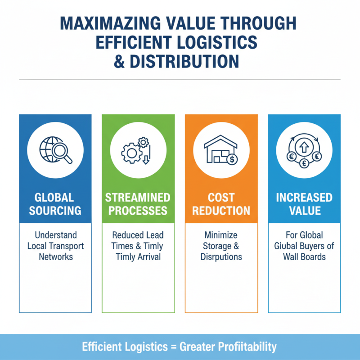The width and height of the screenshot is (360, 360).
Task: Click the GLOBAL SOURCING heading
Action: [55, 204]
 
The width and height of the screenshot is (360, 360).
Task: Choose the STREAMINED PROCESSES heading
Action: [138, 204]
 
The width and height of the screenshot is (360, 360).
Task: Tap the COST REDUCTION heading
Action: [221, 204]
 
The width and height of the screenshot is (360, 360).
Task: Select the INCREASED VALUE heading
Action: [304, 204]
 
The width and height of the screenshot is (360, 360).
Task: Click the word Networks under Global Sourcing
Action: [55, 256]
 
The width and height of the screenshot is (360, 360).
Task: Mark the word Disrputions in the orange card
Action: [221, 257]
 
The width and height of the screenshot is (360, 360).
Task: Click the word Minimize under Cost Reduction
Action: [221, 235]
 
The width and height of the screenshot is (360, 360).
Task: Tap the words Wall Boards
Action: [304, 256]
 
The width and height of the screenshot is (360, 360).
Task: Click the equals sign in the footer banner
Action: [173, 347]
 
